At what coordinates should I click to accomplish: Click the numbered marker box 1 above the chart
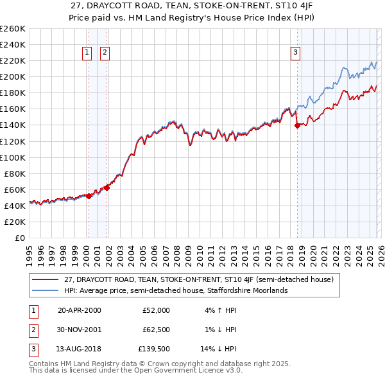point(87,53)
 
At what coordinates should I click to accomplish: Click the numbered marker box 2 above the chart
point(105,53)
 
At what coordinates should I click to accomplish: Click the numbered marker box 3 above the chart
point(295,53)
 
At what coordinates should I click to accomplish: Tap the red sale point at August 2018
point(297,126)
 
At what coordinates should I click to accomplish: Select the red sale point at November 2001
point(107,188)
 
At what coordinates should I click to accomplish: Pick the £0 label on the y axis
point(19,238)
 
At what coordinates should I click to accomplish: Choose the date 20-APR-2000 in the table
point(80,310)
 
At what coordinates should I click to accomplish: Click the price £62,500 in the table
point(155,330)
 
